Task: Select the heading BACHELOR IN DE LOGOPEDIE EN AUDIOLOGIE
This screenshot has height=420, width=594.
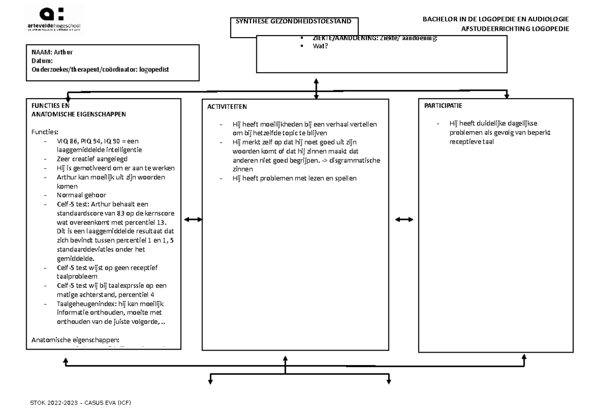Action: click(x=495, y=19)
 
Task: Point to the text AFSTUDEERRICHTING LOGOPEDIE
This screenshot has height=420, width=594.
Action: click(x=515, y=29)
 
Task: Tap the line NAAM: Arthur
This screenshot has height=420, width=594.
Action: click(x=49, y=52)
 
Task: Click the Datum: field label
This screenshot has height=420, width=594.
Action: click(x=42, y=61)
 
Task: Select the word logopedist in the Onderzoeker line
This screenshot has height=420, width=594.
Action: click(x=154, y=70)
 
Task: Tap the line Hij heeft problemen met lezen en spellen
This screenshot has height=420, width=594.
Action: click(x=294, y=178)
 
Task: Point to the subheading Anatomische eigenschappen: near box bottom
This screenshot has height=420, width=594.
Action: click(x=75, y=340)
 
